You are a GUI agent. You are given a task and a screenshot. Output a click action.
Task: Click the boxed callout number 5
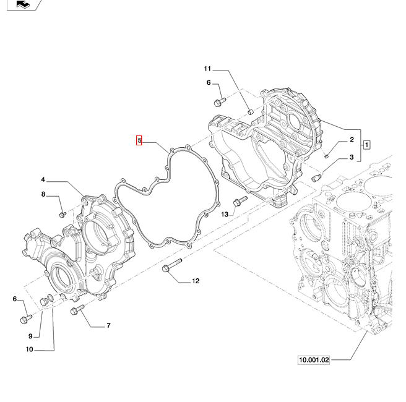click(139, 141)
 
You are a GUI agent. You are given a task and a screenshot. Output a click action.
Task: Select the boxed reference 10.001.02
click(314, 359)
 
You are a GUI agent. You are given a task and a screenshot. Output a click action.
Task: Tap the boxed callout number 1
click(367, 145)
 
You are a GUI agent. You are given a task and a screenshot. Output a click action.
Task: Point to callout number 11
click(207, 69)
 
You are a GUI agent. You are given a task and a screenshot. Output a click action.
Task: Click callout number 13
click(225, 213)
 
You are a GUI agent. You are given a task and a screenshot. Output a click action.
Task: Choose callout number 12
click(196, 281)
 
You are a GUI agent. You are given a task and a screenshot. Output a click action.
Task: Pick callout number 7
click(108, 325)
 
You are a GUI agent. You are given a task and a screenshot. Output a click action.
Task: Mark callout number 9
click(30, 336)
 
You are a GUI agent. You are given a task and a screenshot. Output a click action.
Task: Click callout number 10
click(29, 349)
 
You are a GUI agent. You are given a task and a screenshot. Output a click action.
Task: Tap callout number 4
click(43, 179)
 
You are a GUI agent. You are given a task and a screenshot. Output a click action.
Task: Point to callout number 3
click(352, 157)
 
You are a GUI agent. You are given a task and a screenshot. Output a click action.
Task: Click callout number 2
click(352, 140)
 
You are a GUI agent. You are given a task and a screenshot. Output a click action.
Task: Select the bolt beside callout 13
click(240, 201)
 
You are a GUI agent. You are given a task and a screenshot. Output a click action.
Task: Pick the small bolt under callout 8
click(62, 214)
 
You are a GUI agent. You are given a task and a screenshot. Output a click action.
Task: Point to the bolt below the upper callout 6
click(218, 101)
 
